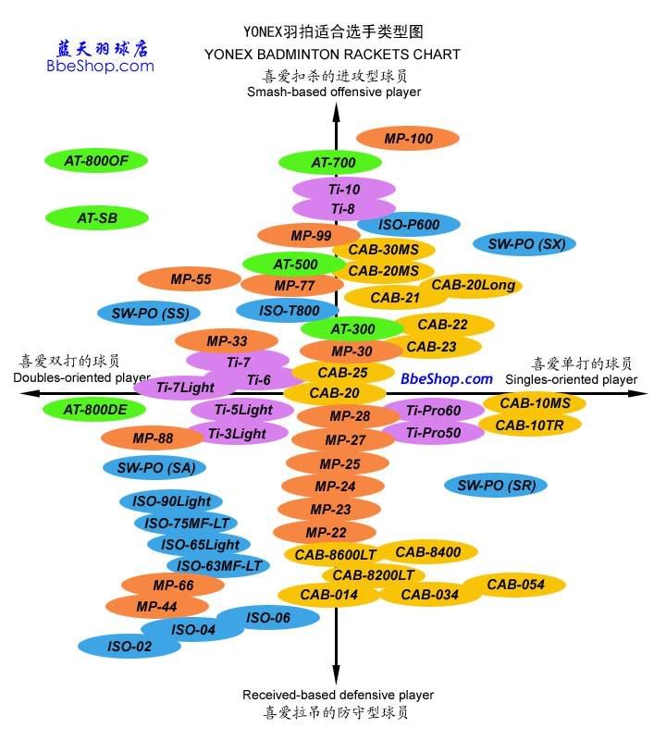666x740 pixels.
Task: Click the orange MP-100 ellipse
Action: point(408,139)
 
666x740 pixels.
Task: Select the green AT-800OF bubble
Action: point(96,161)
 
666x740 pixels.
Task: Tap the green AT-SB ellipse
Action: point(96,219)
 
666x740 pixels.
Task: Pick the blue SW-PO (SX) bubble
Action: point(524,244)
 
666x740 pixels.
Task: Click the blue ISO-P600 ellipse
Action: point(409,225)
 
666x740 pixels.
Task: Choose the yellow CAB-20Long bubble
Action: point(474,286)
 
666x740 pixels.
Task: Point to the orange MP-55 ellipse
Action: point(191,278)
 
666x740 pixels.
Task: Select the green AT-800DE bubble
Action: point(96,409)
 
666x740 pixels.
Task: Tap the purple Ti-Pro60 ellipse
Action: point(434,411)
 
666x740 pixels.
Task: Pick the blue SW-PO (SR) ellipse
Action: point(496,485)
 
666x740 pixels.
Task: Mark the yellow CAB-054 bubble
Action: point(515,585)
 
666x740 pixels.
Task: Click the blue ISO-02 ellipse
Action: point(129,647)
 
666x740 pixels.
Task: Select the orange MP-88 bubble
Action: point(153,438)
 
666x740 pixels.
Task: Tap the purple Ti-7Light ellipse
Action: point(185,388)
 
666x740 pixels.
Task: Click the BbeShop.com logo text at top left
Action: point(100,67)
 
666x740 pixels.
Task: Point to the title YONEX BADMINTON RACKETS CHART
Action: point(332,55)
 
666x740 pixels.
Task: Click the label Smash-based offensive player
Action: point(333,92)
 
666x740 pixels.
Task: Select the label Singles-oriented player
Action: point(571,379)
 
